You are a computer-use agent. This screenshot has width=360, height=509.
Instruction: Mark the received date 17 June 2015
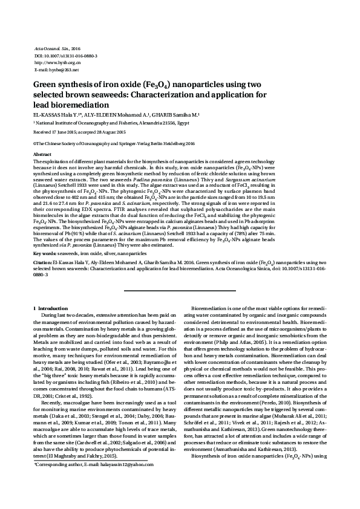point(66,131)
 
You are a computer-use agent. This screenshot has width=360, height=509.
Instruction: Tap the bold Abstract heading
point(42,155)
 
